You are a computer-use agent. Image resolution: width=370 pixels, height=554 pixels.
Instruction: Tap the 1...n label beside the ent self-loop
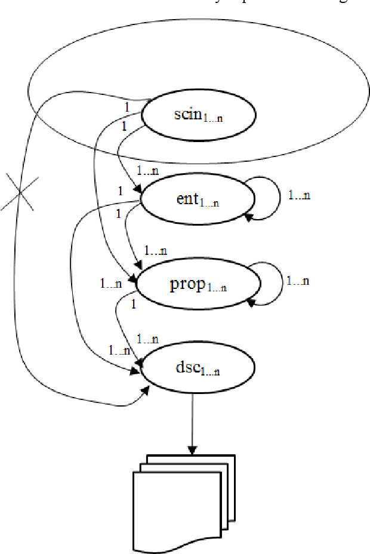point(299,195)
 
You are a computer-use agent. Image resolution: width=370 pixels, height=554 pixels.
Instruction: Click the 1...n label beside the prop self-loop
point(298,279)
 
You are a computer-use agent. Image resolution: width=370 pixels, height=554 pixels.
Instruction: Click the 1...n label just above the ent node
point(147,171)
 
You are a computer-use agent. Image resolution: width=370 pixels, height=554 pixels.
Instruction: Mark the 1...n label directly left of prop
point(111,282)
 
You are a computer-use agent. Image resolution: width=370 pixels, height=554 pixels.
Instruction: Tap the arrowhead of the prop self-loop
point(251,303)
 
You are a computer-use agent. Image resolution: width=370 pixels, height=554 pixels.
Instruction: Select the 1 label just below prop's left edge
point(134,303)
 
